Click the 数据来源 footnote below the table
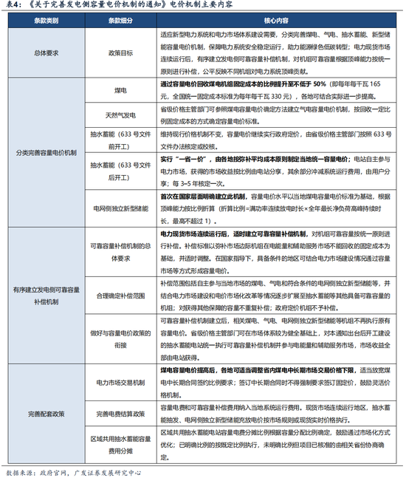[x=74, y=470]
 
